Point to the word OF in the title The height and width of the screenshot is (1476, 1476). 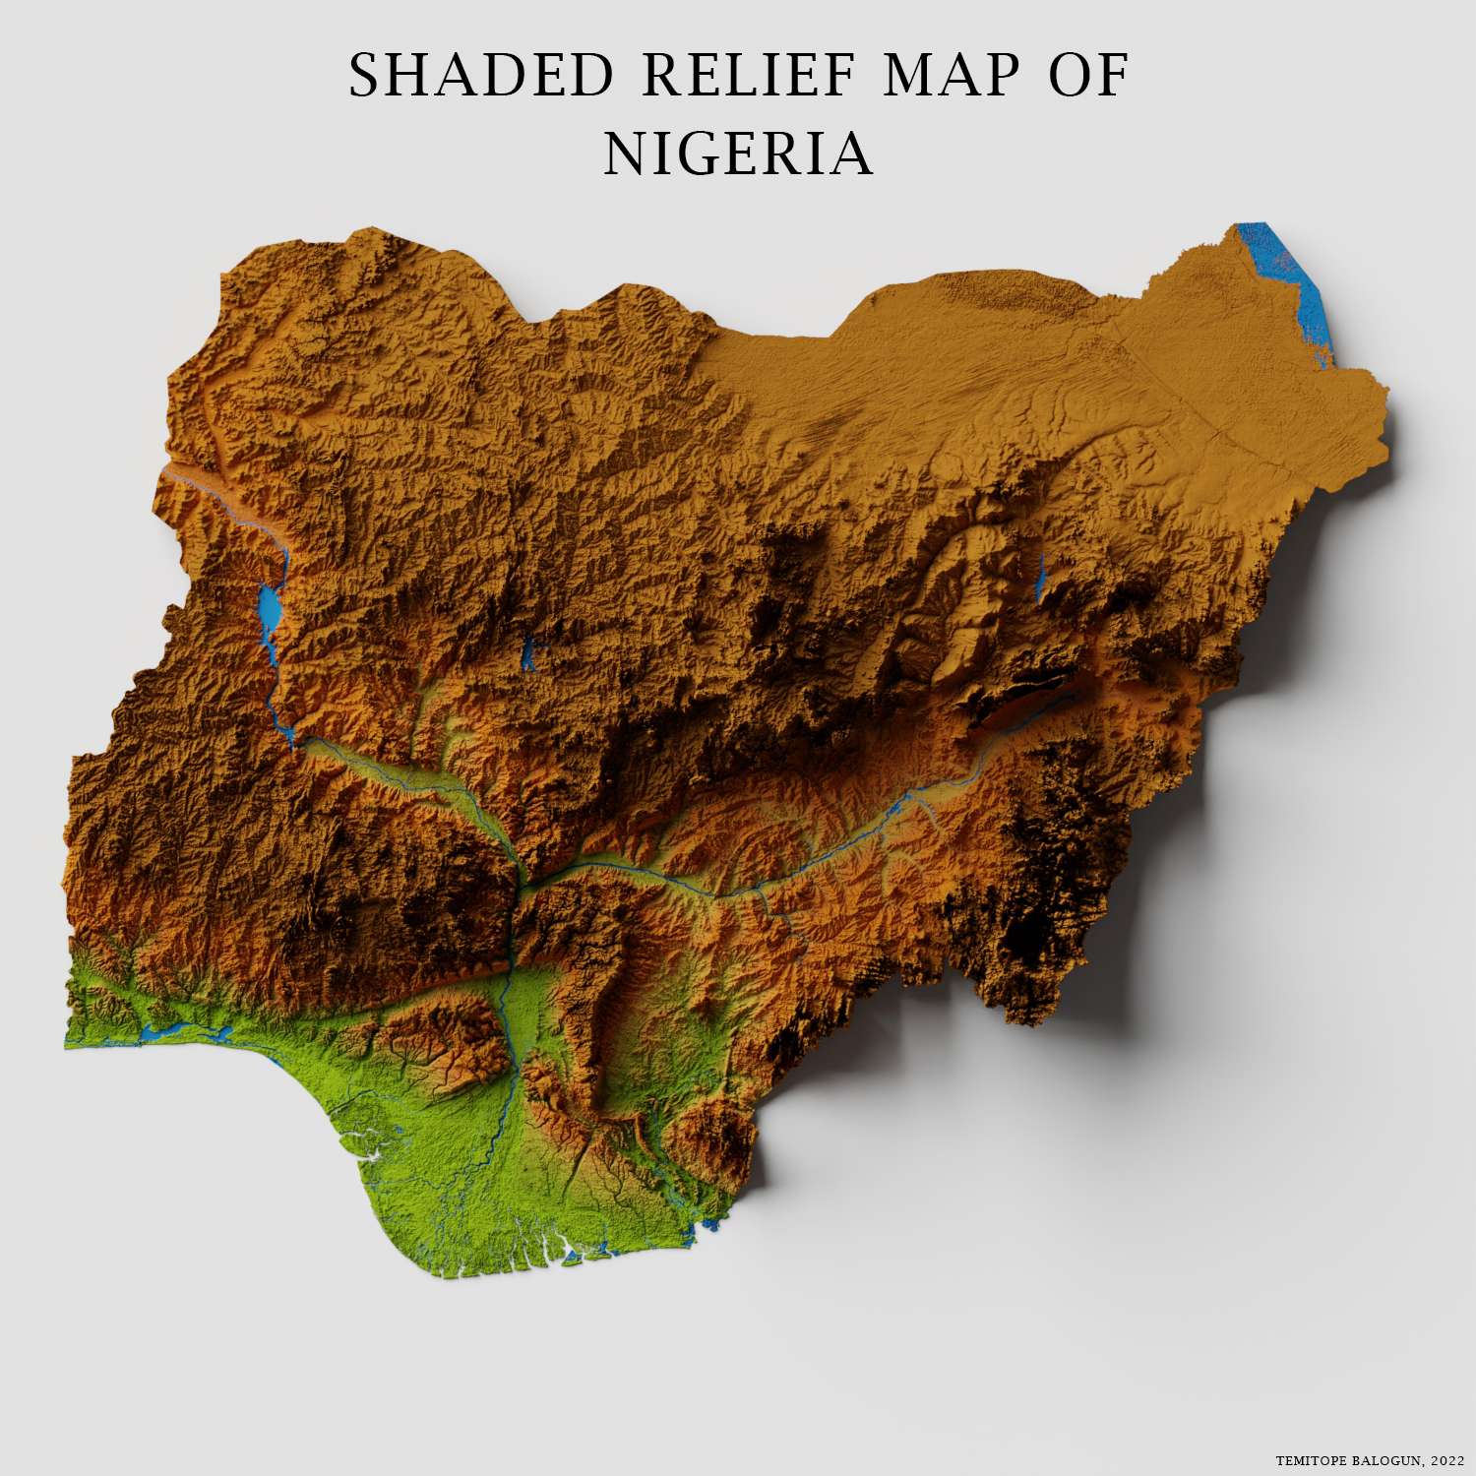click(1087, 76)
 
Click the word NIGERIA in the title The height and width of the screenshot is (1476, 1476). click(738, 154)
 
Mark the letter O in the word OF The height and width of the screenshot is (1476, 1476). click(1070, 76)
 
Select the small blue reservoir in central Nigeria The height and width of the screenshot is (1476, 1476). click(529, 651)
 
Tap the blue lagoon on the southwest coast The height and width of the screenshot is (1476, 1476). click(187, 1033)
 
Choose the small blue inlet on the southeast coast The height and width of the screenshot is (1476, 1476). click(706, 1226)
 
